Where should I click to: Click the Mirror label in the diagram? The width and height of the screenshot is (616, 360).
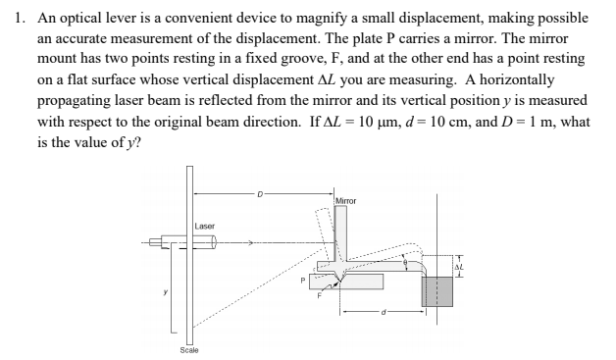coord(347,201)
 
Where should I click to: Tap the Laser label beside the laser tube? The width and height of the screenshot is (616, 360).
coord(205,227)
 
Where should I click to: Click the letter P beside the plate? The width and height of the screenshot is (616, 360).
coord(304,280)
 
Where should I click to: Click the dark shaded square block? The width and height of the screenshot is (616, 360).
coord(436,291)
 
